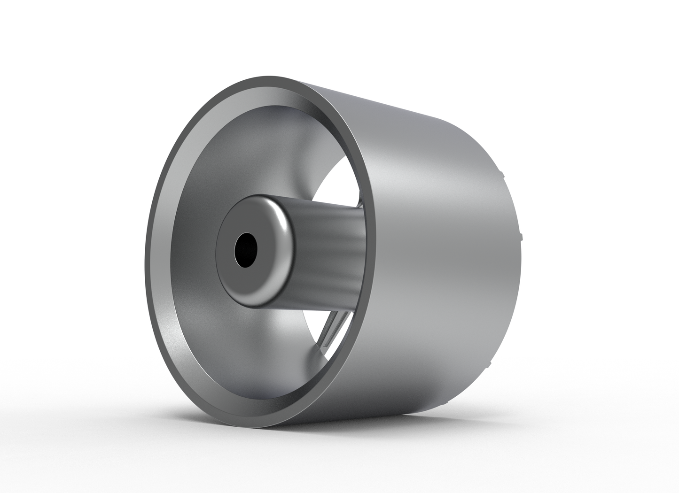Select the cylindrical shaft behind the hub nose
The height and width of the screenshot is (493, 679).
(329, 244)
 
